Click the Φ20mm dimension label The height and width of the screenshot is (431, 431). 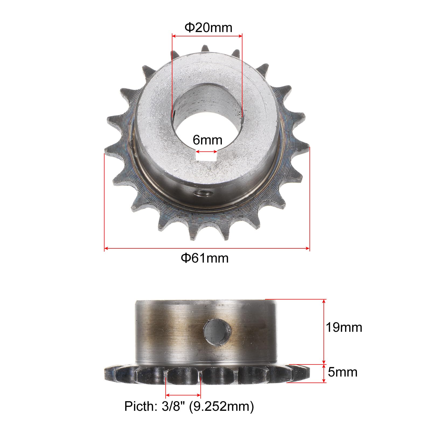(208, 27)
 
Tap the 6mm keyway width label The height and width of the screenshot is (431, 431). (207, 140)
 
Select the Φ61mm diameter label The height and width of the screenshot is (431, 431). (205, 258)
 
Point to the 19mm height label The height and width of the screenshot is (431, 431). (344, 328)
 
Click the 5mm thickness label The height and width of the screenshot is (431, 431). (343, 372)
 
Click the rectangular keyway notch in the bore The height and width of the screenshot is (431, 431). (207, 157)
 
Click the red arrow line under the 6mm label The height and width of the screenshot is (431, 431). (207, 151)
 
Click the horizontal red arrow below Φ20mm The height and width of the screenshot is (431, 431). (207, 35)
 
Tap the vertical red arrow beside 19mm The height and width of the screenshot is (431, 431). (324, 331)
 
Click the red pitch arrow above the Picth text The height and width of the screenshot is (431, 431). (183, 395)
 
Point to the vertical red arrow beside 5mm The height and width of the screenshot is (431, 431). (324, 373)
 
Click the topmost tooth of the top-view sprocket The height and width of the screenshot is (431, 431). (205, 50)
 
